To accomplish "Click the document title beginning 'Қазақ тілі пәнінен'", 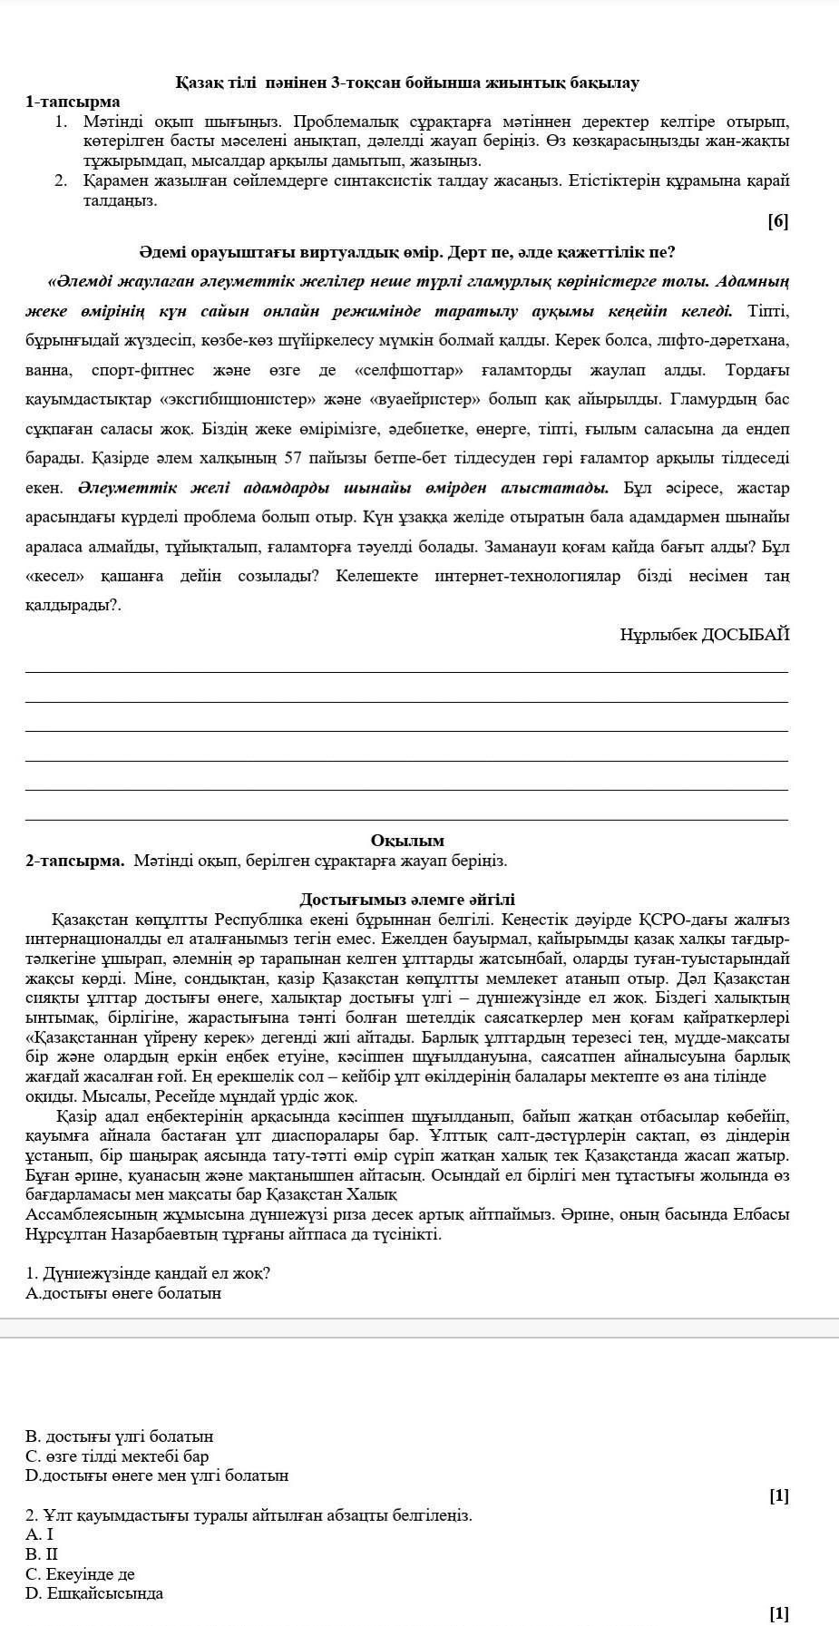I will [x=407, y=83].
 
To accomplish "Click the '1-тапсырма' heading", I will [x=73, y=102].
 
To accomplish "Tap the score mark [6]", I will [x=777, y=221].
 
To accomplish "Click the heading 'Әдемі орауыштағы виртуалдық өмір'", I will [x=407, y=251].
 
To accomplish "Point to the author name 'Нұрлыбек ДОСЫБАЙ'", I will [x=704, y=635].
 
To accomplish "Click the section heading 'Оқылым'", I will [x=407, y=841].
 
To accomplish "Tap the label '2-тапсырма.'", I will [x=75, y=860].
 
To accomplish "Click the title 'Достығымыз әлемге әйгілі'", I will [x=407, y=900].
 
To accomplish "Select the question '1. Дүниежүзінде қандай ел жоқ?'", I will [x=149, y=1273].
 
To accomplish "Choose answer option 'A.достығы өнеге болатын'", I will [x=123, y=1293].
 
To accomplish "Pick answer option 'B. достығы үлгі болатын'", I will [x=120, y=1436].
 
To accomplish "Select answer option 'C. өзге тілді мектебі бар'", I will [x=118, y=1456].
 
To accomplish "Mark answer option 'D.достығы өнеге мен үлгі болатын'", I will [x=158, y=1475].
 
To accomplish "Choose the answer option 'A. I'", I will [x=40, y=1534].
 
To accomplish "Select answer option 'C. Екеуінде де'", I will [x=81, y=1574].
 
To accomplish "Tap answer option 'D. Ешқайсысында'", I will [x=94, y=1593].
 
